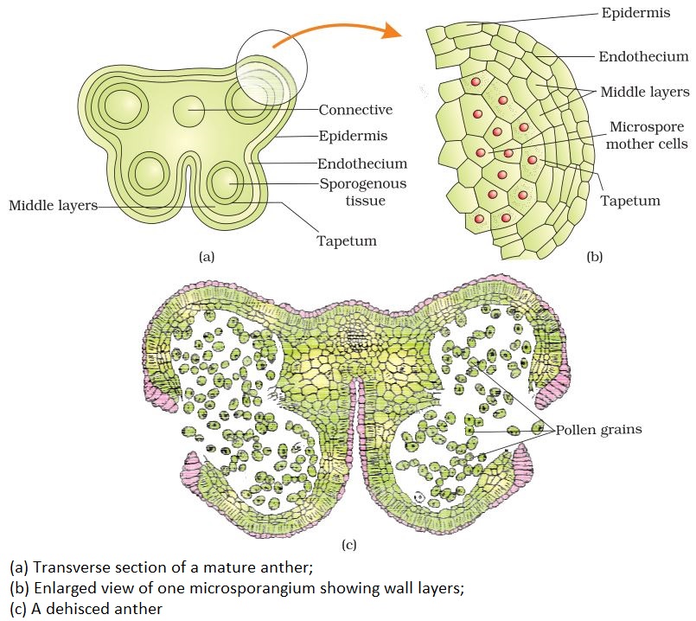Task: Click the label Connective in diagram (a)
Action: [x=355, y=110]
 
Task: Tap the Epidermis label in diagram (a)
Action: [x=353, y=136]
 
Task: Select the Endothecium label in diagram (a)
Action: [x=362, y=163]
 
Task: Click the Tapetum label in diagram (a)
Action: [x=346, y=240]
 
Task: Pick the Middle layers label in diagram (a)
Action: [x=51, y=205]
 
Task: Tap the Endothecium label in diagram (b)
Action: [x=643, y=57]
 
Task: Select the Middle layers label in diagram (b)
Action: [x=644, y=91]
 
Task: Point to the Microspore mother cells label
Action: [x=646, y=134]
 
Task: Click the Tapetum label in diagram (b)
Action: [x=630, y=201]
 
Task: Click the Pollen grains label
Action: [x=598, y=429]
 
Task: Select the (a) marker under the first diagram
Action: [x=206, y=256]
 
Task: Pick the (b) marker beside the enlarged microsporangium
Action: [x=595, y=256]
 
